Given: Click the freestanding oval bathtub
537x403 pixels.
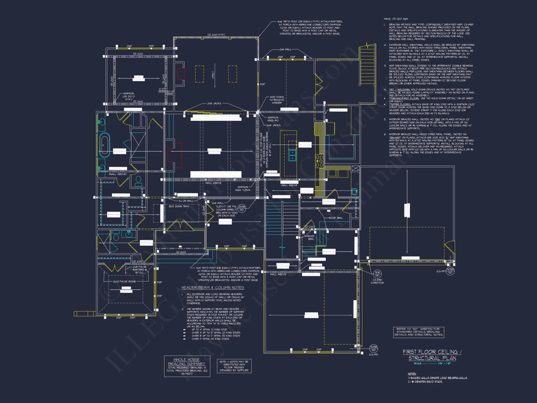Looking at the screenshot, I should (104, 145).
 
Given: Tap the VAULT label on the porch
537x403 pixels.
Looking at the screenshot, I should (213, 75).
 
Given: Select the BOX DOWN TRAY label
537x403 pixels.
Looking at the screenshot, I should (179, 206).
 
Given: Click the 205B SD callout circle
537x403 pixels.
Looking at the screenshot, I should (242, 208).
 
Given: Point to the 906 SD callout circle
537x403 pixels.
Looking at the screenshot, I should (377, 274).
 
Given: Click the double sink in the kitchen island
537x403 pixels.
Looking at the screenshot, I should (292, 155).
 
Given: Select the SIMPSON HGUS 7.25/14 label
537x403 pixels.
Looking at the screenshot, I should (243, 189).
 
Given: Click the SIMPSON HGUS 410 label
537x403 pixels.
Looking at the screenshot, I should (273, 119).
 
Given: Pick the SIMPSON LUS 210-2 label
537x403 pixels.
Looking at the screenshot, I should (129, 96).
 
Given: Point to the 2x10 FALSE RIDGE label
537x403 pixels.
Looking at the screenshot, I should (124, 282).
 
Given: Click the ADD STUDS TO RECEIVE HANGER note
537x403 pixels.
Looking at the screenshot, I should (277, 100).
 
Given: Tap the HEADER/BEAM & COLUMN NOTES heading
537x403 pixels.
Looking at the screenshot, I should (213, 288).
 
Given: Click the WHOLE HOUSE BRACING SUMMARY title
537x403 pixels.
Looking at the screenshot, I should (187, 362).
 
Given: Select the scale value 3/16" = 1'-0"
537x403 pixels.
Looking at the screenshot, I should (444, 364).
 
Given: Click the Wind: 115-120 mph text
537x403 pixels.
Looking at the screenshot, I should (396, 19).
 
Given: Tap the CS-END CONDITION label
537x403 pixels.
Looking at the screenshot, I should (377, 281).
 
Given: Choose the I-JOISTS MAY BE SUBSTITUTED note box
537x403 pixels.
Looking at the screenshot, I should (234, 366).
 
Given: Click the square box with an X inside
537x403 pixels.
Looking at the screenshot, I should (355, 168).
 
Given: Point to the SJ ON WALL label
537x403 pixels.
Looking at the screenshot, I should (186, 201).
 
